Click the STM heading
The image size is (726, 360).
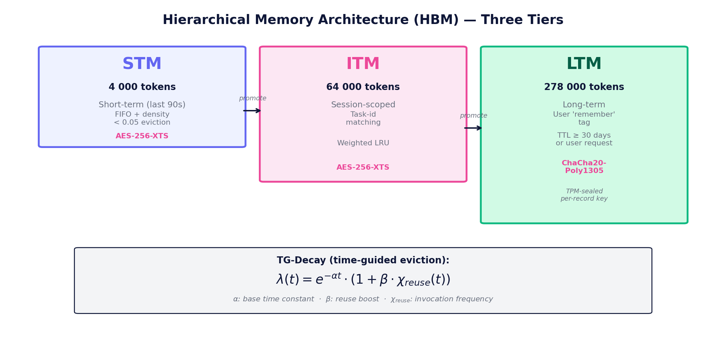142,64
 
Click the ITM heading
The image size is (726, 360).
363,64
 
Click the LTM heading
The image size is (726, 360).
584,64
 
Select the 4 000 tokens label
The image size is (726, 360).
142,87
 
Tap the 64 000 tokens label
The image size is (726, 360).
363,87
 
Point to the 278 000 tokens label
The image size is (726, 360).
584,87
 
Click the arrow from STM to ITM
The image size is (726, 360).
252,111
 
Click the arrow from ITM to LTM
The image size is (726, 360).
473,128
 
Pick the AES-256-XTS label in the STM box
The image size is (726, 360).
142,136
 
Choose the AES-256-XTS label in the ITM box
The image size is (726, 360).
363,167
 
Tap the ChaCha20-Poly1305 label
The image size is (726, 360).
584,167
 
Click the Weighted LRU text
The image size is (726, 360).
363,143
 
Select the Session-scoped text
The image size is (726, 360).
363,105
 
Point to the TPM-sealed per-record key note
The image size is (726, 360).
584,195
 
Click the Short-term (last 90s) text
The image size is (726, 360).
142,105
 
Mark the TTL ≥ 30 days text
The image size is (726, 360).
584,136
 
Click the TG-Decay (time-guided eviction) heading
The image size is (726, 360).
363,260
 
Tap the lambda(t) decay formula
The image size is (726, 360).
363,279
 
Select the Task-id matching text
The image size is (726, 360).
363,118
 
